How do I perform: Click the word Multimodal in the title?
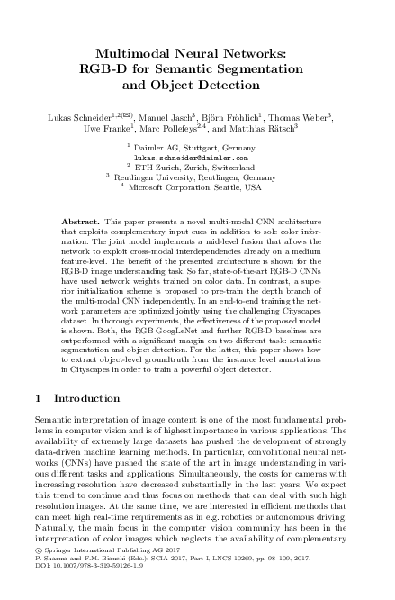tap(139, 54)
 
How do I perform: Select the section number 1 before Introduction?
tap(36, 397)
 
